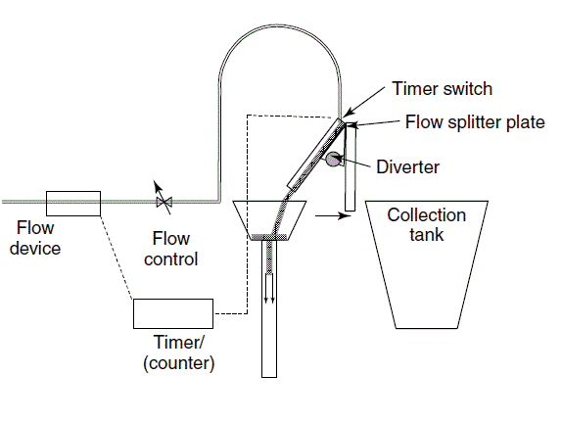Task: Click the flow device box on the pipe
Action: (73, 204)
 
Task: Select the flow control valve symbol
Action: (164, 202)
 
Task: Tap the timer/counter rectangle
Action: (173, 313)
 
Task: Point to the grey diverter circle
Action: (333, 159)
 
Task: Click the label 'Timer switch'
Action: (442, 88)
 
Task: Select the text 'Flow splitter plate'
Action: (475, 122)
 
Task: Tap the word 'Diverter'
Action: (407, 167)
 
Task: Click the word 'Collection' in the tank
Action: (427, 215)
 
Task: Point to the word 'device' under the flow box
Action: (35, 249)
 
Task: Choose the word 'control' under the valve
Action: (171, 258)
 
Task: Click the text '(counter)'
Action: (179, 363)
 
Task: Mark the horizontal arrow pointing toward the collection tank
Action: (333, 215)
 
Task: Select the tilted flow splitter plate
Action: (316, 154)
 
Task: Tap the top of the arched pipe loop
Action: (280, 25)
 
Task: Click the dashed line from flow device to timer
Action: (117, 258)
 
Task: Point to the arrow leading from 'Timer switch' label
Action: (363, 101)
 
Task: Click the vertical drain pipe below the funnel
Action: (269, 308)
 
